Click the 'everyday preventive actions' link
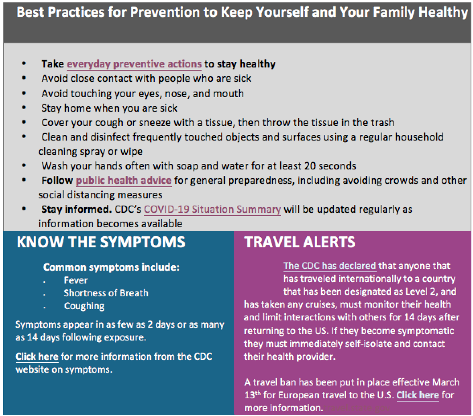click(134, 64)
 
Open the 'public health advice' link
click(124, 180)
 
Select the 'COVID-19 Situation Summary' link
click(212, 209)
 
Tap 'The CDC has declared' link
click(329, 266)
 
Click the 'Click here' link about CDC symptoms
click(37, 357)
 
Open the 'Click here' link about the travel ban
click(418, 395)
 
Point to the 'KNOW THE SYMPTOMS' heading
click(101, 242)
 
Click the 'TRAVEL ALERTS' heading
click(300, 242)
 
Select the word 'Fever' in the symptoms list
click(76, 280)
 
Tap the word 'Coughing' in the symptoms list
click(84, 306)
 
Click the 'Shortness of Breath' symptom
click(106, 293)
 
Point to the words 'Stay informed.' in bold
click(76, 209)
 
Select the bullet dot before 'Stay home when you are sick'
click(24, 107)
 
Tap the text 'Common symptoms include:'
click(111, 267)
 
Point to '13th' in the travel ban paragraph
click(252, 395)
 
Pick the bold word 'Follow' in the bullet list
click(57, 180)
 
